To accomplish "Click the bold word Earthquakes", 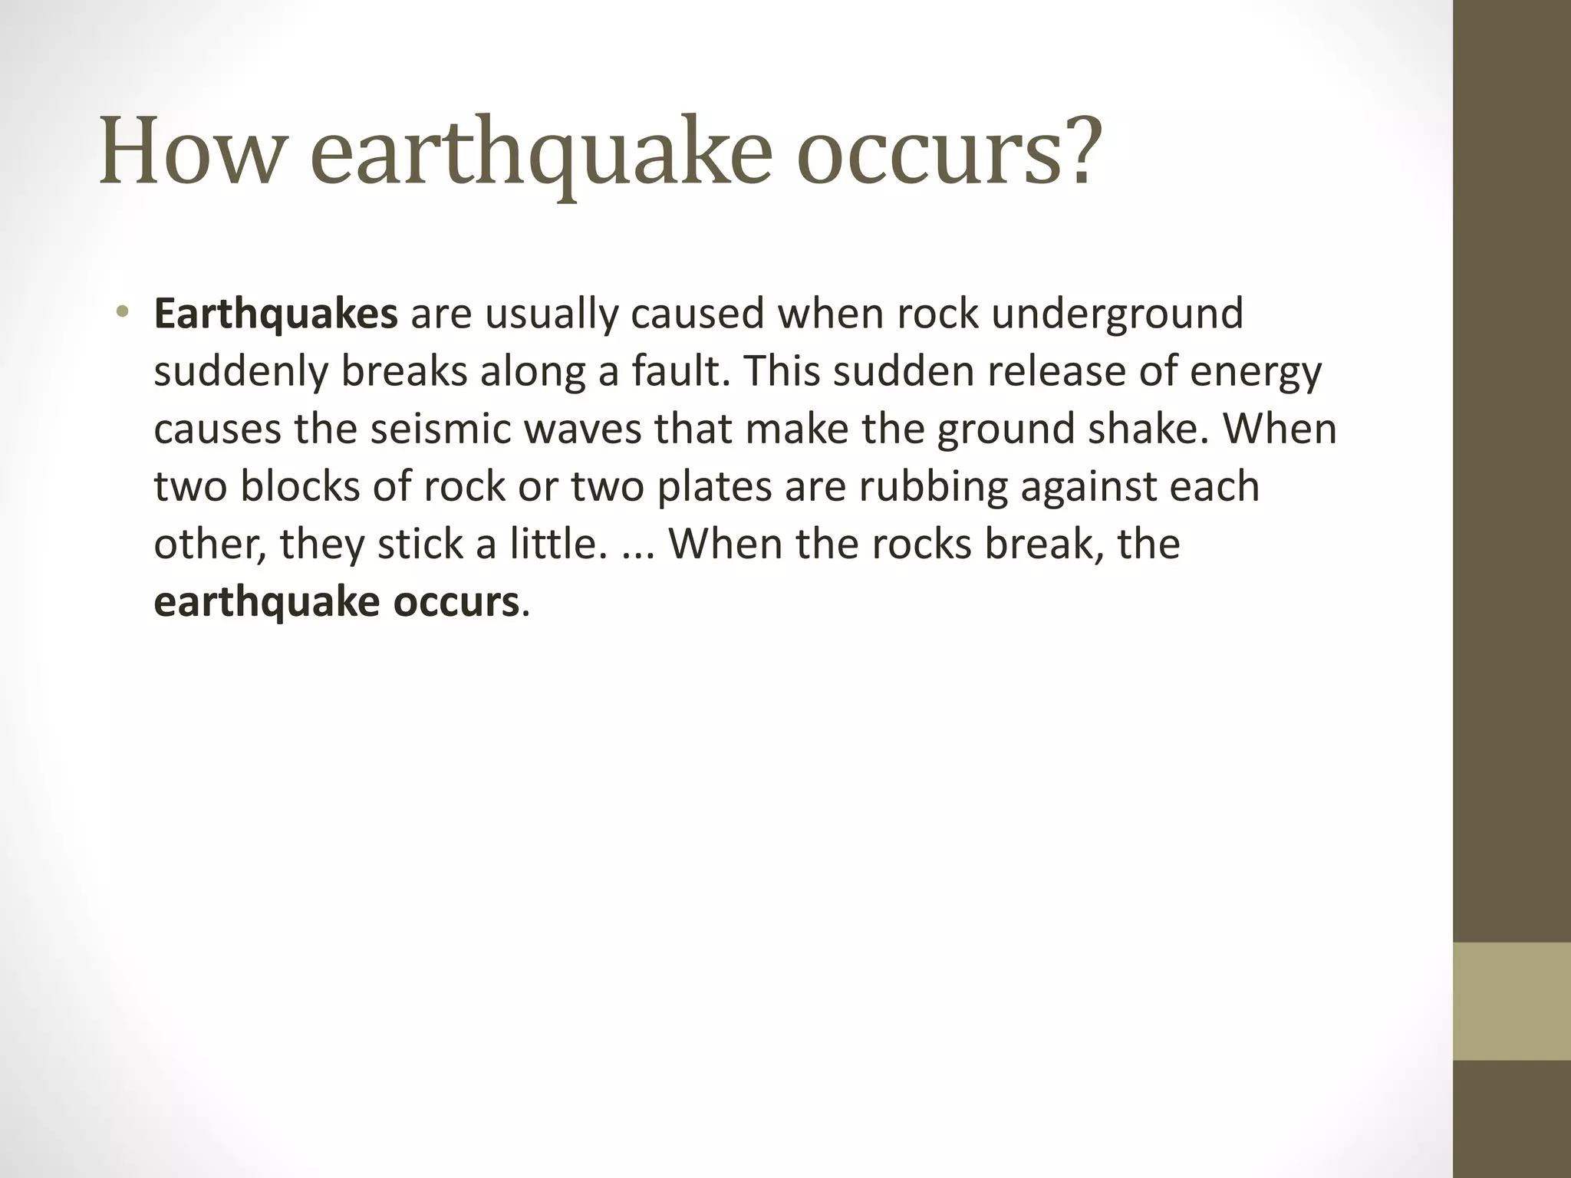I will [x=275, y=314].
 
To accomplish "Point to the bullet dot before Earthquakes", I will [x=121, y=312].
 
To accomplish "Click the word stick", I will [x=420, y=544].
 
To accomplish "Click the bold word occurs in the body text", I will [x=456, y=602].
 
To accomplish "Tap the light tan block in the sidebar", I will [x=1512, y=1001].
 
